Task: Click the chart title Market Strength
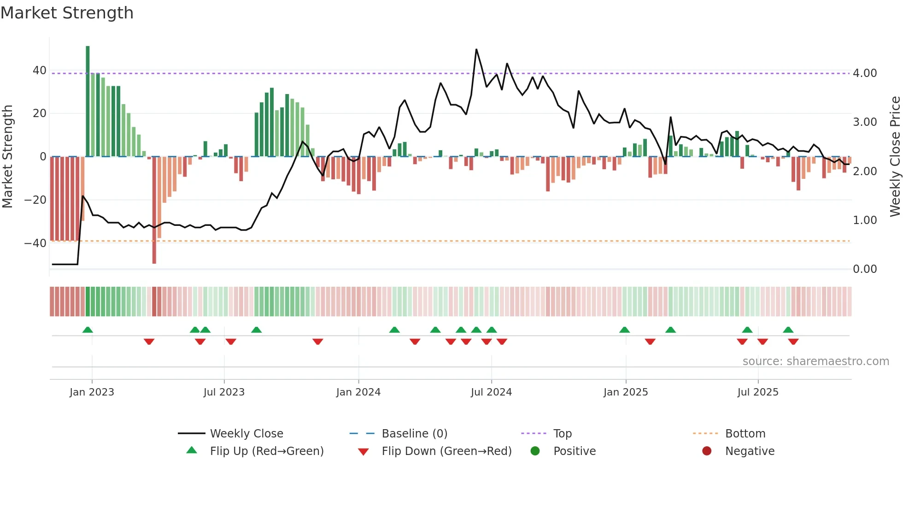click(x=67, y=13)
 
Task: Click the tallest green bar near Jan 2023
click(x=88, y=101)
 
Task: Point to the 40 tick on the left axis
click(x=40, y=71)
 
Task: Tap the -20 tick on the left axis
click(x=35, y=200)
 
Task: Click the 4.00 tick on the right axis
click(x=865, y=73)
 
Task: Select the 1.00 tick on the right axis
click(x=865, y=220)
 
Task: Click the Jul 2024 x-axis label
click(x=491, y=392)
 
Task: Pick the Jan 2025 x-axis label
click(x=625, y=392)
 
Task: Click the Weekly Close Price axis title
click(x=895, y=157)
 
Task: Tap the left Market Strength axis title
click(x=7, y=157)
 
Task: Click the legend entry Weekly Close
click(x=246, y=434)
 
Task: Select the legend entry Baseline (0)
click(x=414, y=434)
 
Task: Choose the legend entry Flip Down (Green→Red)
click(x=446, y=451)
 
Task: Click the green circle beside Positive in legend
click(x=535, y=451)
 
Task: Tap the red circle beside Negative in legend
click(x=707, y=451)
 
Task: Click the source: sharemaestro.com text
click(x=815, y=361)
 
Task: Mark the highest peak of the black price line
click(x=476, y=49)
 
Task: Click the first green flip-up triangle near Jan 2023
click(x=88, y=330)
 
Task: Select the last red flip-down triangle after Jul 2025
click(x=793, y=342)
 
